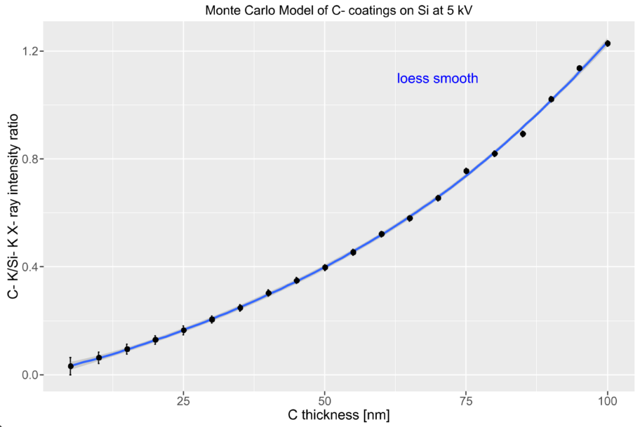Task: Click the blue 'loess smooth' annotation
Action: pyautogui.click(x=437, y=78)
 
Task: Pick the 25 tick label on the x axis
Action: pyautogui.click(x=183, y=400)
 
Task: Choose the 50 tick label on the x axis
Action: pyautogui.click(x=324, y=400)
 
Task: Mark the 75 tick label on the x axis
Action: pyautogui.click(x=466, y=400)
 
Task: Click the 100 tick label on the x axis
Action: pyautogui.click(x=607, y=400)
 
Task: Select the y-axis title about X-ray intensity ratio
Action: pyautogui.click(x=12, y=207)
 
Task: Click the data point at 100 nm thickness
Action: pyautogui.click(x=607, y=43)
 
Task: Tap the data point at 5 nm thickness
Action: pyautogui.click(x=71, y=366)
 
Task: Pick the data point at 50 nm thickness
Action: pyautogui.click(x=325, y=267)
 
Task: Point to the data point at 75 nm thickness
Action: pyautogui.click(x=466, y=171)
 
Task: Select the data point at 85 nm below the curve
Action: pyautogui.click(x=523, y=134)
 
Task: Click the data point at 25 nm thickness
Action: pyautogui.click(x=184, y=330)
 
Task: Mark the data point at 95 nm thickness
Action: pyautogui.click(x=579, y=68)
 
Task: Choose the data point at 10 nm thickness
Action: pyautogui.click(x=99, y=358)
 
